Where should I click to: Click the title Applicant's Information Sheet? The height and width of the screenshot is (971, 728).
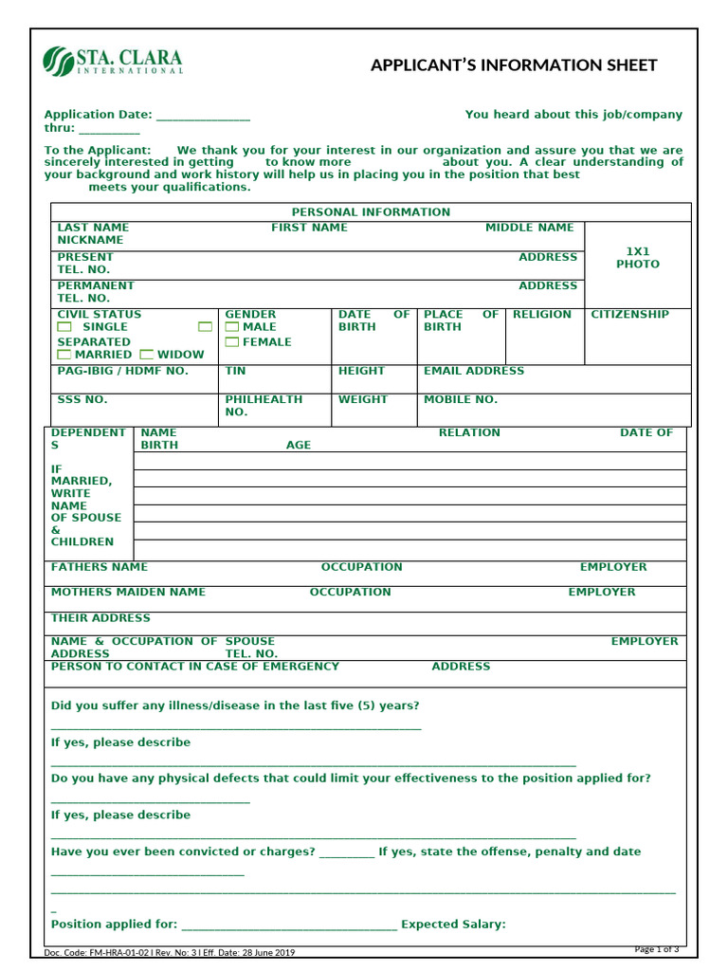[513, 64]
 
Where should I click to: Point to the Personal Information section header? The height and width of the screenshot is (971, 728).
[371, 212]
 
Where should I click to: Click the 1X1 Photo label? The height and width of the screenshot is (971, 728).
[637, 258]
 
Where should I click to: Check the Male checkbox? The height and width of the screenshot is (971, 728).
[232, 327]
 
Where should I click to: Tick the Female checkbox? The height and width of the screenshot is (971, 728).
[232, 342]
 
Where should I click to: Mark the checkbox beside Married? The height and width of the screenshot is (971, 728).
[64, 355]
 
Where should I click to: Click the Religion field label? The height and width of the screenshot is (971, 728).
[542, 315]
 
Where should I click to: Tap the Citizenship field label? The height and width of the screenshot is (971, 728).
[629, 315]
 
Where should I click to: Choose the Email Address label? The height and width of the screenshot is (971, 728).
[473, 372]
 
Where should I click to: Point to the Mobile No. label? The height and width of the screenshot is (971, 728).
[460, 400]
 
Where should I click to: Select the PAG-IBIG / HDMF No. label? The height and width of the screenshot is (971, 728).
[122, 372]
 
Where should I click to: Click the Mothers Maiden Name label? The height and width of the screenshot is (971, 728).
[128, 592]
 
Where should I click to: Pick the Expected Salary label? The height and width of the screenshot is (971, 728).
[453, 925]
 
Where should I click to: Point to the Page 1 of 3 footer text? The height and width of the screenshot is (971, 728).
[656, 949]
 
